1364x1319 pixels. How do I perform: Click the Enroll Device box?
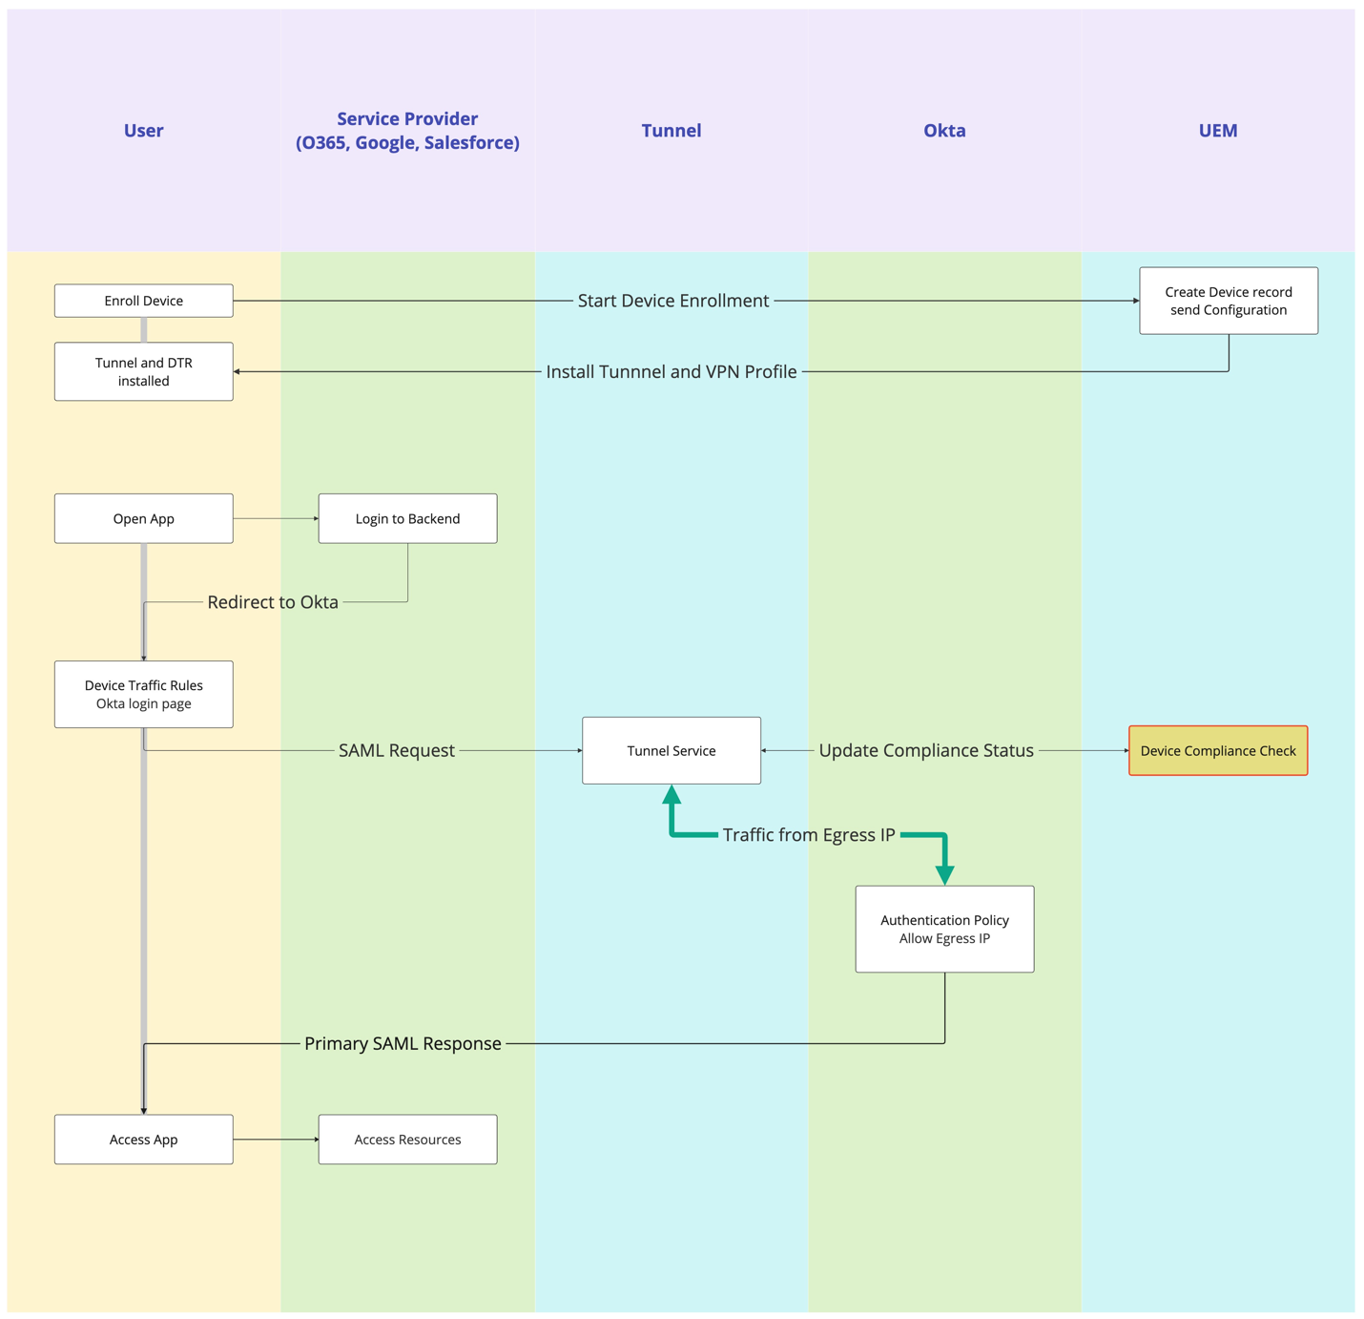pyautogui.click(x=143, y=301)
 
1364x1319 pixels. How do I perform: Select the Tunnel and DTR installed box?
pyautogui.click(x=143, y=371)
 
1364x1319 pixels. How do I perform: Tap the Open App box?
pyautogui.click(x=143, y=518)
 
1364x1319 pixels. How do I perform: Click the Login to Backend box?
pyautogui.click(x=407, y=518)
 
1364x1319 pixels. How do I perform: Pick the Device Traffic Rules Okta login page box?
pyautogui.click(x=143, y=694)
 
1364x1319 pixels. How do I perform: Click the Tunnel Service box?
pyautogui.click(x=671, y=750)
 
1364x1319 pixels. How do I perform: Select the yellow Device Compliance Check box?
pyautogui.click(x=1217, y=750)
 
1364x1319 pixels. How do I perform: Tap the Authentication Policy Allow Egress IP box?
pyautogui.click(x=944, y=929)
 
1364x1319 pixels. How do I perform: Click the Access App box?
pyautogui.click(x=143, y=1139)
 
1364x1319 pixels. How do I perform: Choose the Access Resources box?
pyautogui.click(x=407, y=1139)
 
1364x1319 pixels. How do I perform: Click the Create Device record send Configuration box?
pyautogui.click(x=1228, y=301)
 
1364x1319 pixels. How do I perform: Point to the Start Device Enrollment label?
pyautogui.click(x=672, y=301)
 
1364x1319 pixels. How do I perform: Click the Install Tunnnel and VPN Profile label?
pyautogui.click(x=671, y=371)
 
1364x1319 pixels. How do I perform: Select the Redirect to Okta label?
pyautogui.click(x=273, y=602)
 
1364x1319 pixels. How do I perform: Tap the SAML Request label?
pyautogui.click(x=396, y=750)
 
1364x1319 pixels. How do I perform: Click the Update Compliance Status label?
pyautogui.click(x=925, y=750)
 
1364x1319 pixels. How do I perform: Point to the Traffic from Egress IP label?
pyautogui.click(x=808, y=835)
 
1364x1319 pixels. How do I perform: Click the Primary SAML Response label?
pyautogui.click(x=403, y=1043)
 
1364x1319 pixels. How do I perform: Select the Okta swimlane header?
pyautogui.click(x=944, y=131)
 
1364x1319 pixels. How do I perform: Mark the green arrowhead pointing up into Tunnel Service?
pyautogui.click(x=672, y=794)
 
